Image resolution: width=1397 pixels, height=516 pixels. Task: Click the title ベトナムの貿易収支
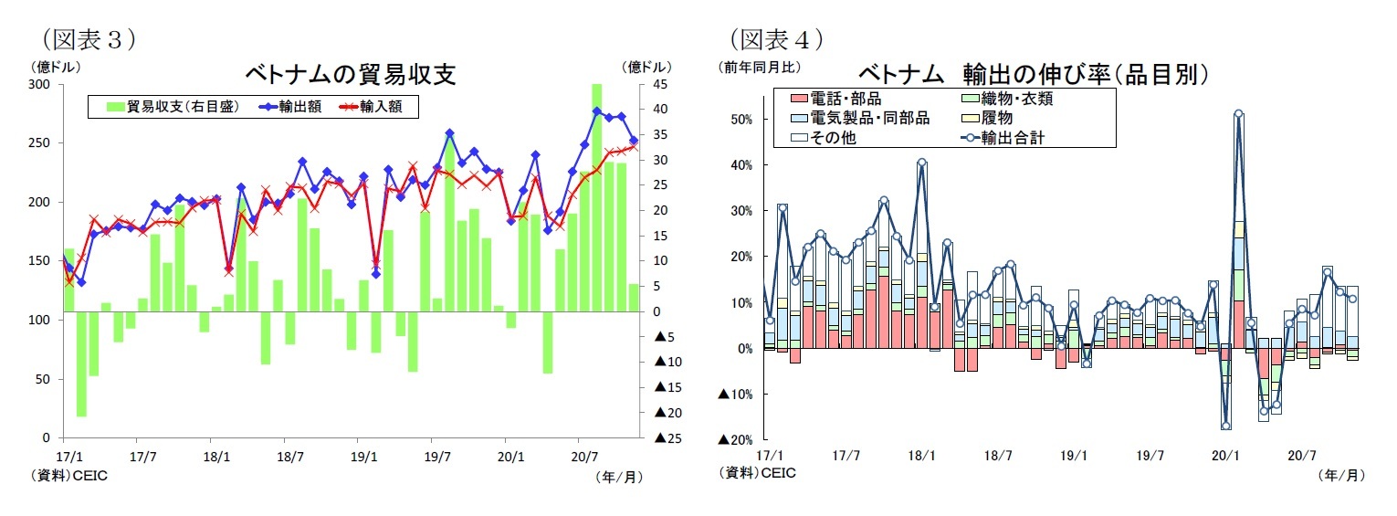(350, 74)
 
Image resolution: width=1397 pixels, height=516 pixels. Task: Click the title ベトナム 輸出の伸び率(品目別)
(1035, 74)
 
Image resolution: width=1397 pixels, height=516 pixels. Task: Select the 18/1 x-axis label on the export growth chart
(922, 455)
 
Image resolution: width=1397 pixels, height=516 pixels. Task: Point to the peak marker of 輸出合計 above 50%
(1238, 114)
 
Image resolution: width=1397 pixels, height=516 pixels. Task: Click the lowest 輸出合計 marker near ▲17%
(1225, 426)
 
